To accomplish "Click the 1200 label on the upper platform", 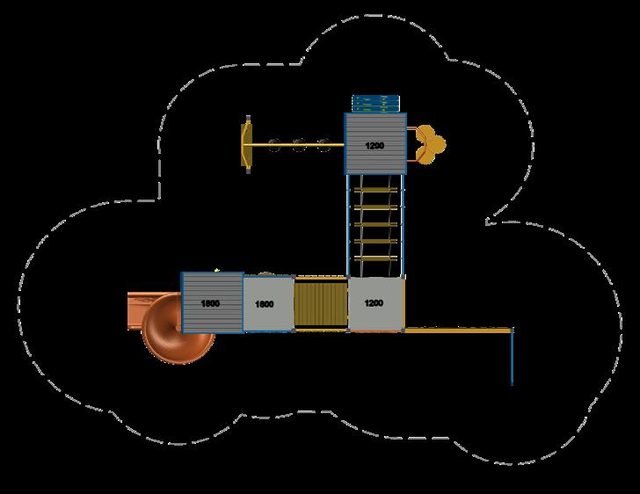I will coord(375,145).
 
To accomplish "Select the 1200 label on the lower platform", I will coord(373,303).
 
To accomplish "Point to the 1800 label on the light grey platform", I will coord(263,304).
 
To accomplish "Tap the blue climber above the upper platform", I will coord(374,103).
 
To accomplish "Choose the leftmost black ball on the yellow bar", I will coord(275,145).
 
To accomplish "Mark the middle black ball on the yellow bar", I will coord(300,145).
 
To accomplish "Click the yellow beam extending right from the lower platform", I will coord(457,331).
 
